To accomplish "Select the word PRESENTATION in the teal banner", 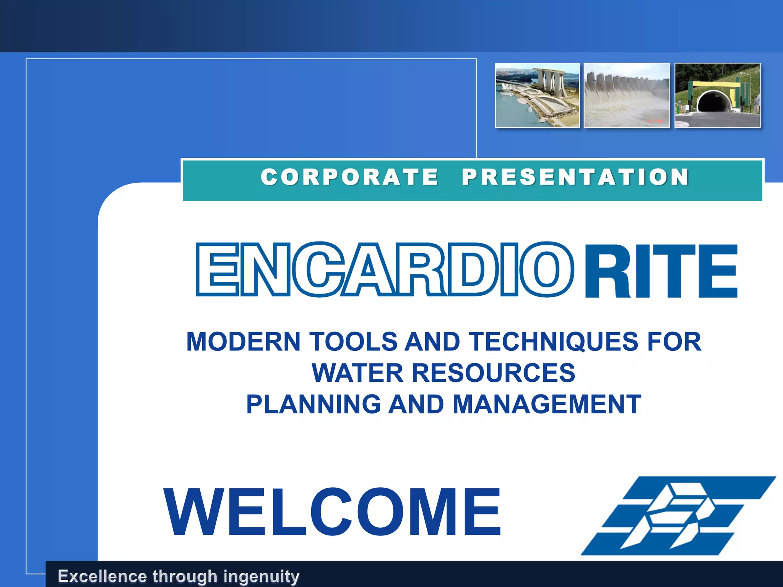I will click(575, 177).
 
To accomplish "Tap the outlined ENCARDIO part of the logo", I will click(384, 269).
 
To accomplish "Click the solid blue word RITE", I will click(661, 271).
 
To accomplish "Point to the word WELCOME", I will click(332, 512).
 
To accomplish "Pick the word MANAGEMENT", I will click(547, 404).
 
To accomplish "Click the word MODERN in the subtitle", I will click(243, 341).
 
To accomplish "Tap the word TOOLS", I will click(353, 341).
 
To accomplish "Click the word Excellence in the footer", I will click(102, 576).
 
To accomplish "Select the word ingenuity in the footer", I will click(261, 576).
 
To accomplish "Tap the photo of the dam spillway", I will click(627, 96).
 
